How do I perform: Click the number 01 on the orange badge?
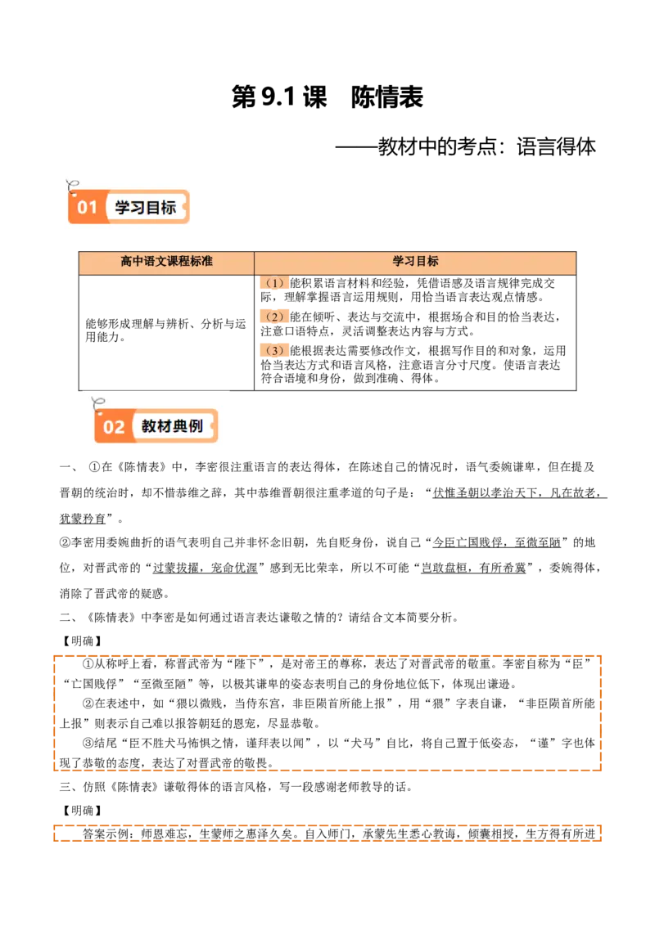(x=88, y=207)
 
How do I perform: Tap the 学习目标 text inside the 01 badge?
(x=146, y=207)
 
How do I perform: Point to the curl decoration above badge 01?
(x=73, y=184)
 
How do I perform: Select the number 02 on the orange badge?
(x=114, y=427)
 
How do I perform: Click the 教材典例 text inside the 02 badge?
(x=172, y=426)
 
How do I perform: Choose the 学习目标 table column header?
(x=415, y=262)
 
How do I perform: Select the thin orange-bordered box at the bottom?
(x=327, y=834)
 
